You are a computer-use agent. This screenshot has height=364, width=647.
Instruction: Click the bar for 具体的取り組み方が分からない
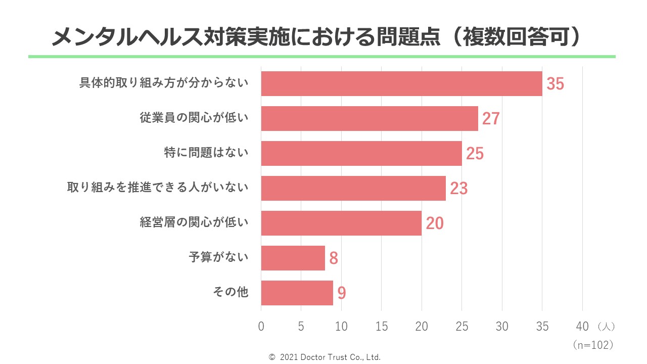pos(401,83)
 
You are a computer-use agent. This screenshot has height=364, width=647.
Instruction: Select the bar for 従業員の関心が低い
pos(369,118)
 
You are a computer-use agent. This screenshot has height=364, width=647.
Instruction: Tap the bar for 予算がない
pos(293,258)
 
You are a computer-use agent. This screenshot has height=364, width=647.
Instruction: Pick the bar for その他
pos(297,293)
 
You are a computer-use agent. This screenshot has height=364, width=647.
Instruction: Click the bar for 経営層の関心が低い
pos(341,223)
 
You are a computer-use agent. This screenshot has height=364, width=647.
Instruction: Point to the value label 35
pos(555,84)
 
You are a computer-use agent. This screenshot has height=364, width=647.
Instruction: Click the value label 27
pos(491,119)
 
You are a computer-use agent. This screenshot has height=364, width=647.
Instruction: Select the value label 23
pos(459,189)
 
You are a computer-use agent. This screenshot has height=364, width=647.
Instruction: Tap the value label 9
pos(342,293)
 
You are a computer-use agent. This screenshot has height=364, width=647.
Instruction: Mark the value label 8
pos(334,258)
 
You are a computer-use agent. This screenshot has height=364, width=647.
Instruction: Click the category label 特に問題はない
pos(206,153)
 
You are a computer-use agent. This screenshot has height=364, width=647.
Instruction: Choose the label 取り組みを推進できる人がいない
pos(158,188)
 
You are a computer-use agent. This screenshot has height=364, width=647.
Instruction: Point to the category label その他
pos(230,292)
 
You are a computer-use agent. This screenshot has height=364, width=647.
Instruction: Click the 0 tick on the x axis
pos(261,327)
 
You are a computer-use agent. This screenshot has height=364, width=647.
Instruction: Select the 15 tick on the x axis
pos(382,327)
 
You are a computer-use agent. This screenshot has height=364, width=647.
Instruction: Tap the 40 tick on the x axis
pos(582,327)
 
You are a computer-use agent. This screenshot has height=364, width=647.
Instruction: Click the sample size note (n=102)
pos(593,345)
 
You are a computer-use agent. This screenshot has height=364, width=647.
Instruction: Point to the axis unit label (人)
pos(606,327)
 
